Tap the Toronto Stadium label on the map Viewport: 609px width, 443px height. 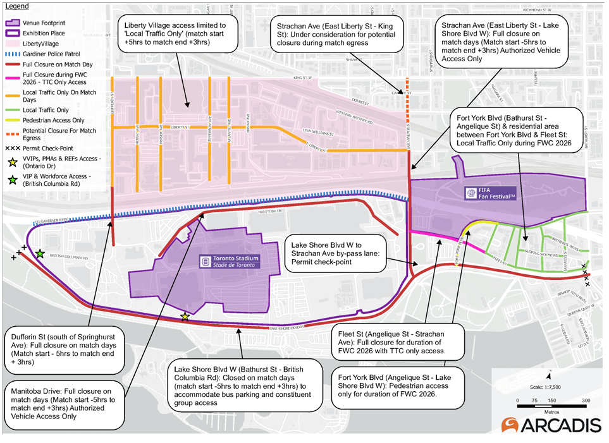230,262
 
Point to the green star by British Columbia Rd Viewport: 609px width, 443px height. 40,253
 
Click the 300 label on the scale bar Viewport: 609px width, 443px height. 586,401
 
